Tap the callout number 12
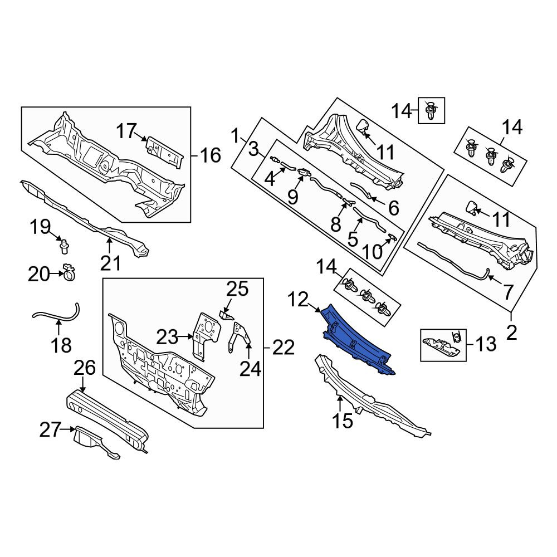(298, 300)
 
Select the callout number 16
(211, 155)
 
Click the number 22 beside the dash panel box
(284, 348)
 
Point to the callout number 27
(50, 430)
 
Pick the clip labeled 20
(69, 273)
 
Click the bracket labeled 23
(206, 336)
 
